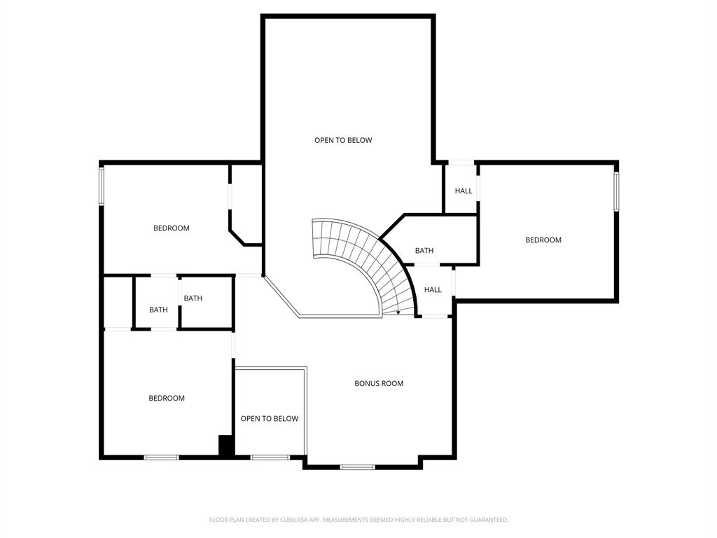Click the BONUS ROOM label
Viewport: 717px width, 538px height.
tap(379, 383)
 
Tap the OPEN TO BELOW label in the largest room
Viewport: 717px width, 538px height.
tap(343, 140)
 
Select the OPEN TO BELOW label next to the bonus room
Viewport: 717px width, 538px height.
tap(270, 419)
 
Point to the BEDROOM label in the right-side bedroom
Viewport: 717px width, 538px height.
tap(543, 240)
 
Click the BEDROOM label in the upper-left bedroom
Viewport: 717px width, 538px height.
tap(172, 228)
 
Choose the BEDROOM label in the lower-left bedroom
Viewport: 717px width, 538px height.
tap(167, 399)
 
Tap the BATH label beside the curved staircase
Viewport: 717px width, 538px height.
tap(424, 251)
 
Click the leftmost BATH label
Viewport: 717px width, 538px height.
tap(158, 310)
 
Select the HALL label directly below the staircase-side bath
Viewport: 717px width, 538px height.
tap(433, 290)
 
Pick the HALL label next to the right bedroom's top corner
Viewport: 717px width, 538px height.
tap(464, 191)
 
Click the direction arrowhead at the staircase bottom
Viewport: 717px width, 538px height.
tap(398, 312)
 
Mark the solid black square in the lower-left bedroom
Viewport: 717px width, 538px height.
tap(225, 446)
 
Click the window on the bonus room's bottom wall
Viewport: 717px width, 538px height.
tap(357, 467)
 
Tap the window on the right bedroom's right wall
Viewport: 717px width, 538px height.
tap(617, 191)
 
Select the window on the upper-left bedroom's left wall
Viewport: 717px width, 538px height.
tap(102, 186)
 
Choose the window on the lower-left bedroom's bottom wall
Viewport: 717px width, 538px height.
tap(161, 457)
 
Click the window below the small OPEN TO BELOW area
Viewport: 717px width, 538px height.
tap(270, 457)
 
